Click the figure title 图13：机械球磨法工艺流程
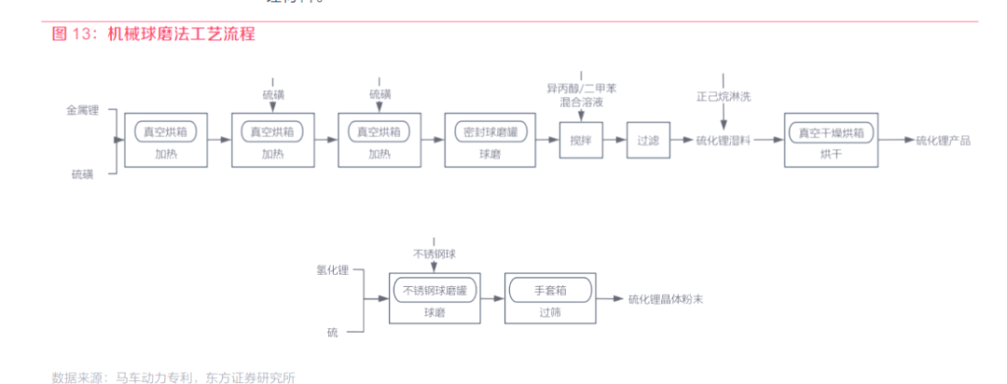[x=153, y=34]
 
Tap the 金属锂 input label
[x=83, y=110]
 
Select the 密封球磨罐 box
[x=490, y=132]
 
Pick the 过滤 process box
[x=648, y=141]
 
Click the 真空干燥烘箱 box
[x=831, y=132]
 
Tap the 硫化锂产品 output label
[x=943, y=141]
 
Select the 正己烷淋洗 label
[x=724, y=95]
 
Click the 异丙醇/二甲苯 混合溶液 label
[x=581, y=95]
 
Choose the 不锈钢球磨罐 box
[x=434, y=291]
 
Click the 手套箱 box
[x=550, y=291]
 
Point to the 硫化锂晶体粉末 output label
[x=665, y=299]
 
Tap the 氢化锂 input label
[x=332, y=270]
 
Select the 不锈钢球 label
[x=435, y=254]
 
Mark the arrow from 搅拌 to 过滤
[x=614, y=141]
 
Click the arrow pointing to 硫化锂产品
[x=894, y=141]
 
